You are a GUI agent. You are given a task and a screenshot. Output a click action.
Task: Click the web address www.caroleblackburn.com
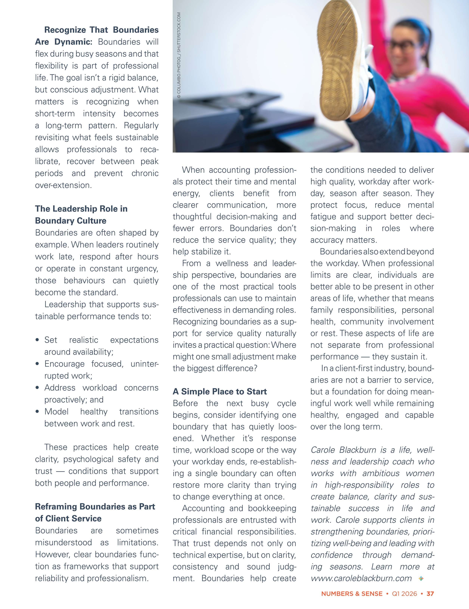click(x=361, y=578)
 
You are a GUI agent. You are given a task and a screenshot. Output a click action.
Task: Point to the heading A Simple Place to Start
click(x=220, y=391)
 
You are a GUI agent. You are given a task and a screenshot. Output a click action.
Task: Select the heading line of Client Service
click(x=68, y=518)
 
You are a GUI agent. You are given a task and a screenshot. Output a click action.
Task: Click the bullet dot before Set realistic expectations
click(x=37, y=340)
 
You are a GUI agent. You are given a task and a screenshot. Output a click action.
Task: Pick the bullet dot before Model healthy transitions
click(x=37, y=412)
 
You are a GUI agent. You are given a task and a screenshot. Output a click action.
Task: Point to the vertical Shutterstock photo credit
click(x=179, y=56)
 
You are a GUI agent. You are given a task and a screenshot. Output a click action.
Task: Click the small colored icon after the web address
click(x=421, y=579)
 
